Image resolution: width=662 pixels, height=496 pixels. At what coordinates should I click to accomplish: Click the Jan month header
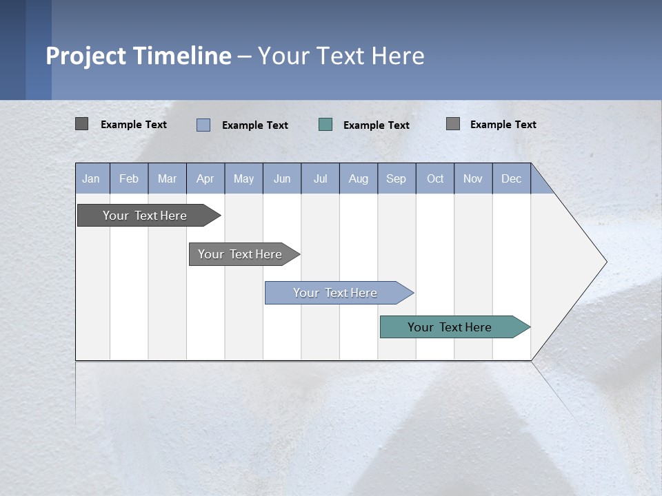[92, 178]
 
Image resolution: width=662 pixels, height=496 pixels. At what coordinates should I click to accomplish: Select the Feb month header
[129, 178]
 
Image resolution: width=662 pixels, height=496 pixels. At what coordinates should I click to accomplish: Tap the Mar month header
[167, 178]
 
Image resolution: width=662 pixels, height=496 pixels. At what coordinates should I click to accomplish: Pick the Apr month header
[205, 178]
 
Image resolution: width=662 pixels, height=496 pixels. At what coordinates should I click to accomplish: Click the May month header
[243, 178]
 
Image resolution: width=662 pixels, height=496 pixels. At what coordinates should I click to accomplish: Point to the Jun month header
[282, 178]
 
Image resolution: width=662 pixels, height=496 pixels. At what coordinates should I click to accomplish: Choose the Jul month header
[320, 178]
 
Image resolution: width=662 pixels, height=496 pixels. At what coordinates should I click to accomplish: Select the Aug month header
[359, 178]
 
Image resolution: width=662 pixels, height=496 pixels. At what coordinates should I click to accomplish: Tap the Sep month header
[397, 178]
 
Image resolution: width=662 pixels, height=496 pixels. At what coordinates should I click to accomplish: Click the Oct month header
[435, 178]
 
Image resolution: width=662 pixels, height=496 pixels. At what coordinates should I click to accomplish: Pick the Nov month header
[473, 178]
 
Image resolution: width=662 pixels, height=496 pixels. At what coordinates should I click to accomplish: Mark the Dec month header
[512, 178]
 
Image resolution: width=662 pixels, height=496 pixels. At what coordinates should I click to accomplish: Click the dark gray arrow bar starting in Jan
[145, 216]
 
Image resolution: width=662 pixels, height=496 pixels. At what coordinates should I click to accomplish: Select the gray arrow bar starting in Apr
[240, 254]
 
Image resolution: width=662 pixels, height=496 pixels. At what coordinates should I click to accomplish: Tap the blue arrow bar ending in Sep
[335, 293]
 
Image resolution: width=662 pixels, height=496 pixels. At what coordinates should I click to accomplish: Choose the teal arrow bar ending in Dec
[450, 327]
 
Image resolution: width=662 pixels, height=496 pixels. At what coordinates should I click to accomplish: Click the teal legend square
[325, 125]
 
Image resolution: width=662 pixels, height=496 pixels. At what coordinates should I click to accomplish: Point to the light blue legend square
[203, 125]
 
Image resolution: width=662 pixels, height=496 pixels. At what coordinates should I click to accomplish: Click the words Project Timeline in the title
[139, 56]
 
